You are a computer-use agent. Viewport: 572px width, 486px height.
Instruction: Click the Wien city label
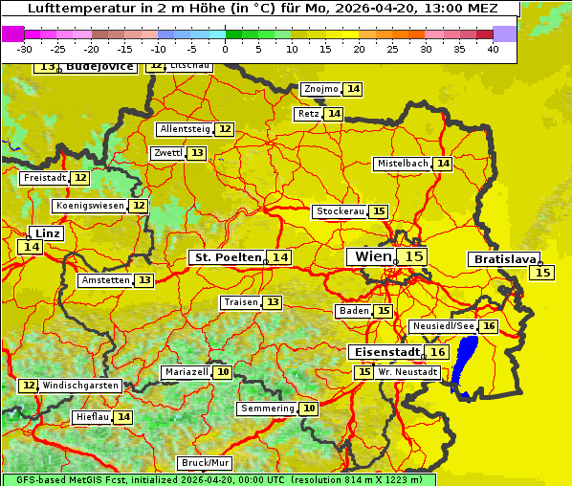pyautogui.click(x=372, y=256)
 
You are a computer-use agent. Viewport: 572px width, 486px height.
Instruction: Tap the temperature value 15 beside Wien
pyautogui.click(x=413, y=256)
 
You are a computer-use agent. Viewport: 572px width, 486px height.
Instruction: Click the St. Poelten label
pyautogui.click(x=227, y=257)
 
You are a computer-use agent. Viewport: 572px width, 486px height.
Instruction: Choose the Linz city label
pyautogui.click(x=48, y=233)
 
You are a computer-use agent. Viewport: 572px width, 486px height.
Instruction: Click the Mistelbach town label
pyautogui.click(x=402, y=164)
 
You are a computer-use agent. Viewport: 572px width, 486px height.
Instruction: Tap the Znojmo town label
pyautogui.click(x=320, y=89)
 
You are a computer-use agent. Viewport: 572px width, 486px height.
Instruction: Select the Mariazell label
pyautogui.click(x=186, y=372)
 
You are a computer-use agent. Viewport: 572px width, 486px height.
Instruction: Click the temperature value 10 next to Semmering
pyautogui.click(x=308, y=409)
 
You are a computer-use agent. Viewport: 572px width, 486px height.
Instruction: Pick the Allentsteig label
pyautogui.click(x=185, y=129)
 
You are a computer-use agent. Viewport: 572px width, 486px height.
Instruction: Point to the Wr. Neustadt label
pyautogui.click(x=408, y=372)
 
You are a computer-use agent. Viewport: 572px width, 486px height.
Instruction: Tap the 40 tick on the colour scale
pyautogui.click(x=493, y=49)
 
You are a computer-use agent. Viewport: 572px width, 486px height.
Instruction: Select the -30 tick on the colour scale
pyautogui.click(x=25, y=49)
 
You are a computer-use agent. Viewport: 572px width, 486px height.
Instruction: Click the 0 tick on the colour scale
pyautogui.click(x=226, y=49)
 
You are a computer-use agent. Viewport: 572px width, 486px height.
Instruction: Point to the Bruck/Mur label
pyautogui.click(x=206, y=463)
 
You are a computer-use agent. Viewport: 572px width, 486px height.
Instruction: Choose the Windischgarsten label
pyautogui.click(x=79, y=386)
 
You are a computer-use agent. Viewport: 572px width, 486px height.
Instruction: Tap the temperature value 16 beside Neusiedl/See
pyautogui.click(x=489, y=326)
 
